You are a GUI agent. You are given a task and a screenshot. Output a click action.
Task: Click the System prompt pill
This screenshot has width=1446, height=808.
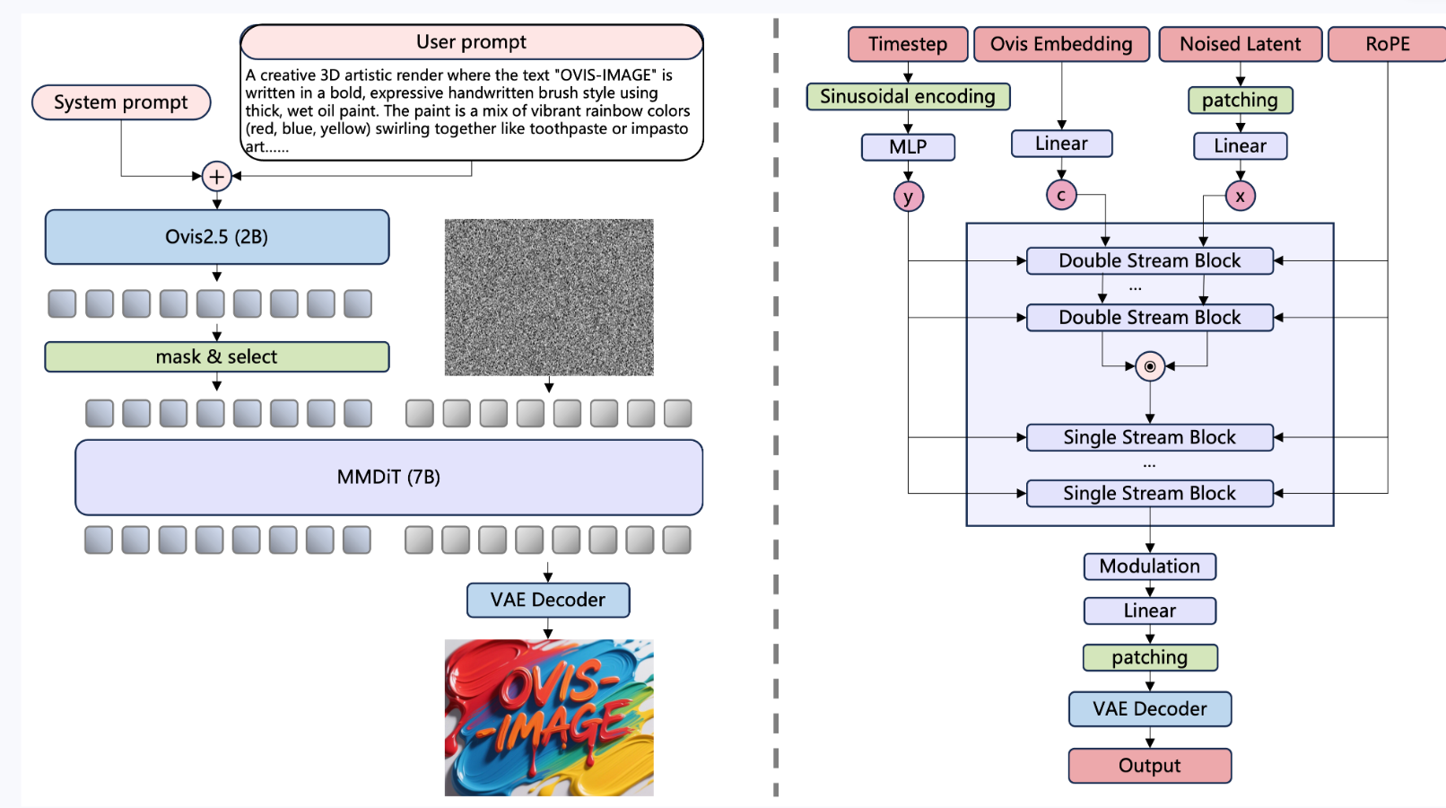coord(121,102)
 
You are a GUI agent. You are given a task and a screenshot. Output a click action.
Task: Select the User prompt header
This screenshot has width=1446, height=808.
coord(471,42)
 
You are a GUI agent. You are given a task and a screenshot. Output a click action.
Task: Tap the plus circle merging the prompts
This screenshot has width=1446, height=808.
coord(216,176)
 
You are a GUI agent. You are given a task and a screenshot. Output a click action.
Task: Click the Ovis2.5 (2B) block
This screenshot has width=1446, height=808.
coord(217,237)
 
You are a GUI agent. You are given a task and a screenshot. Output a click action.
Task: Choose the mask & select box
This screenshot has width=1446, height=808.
coord(217,356)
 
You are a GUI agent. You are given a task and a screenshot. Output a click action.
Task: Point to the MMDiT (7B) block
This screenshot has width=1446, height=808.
coord(388,477)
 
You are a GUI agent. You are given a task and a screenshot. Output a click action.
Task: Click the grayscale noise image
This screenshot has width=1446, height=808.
coord(549,297)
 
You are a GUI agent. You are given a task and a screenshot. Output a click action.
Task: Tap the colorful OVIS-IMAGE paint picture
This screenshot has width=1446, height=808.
coord(549,717)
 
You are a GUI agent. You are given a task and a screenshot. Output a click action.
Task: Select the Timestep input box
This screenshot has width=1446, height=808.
coord(908,44)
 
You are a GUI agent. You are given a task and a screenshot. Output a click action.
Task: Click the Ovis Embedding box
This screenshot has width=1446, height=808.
coord(1061,44)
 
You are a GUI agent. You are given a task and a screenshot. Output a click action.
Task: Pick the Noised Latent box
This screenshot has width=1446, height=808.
coord(1240,44)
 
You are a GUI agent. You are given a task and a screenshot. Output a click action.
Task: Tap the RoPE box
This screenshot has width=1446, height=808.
coord(1387,44)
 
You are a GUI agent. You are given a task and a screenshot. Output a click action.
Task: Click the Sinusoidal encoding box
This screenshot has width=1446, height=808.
coord(908,96)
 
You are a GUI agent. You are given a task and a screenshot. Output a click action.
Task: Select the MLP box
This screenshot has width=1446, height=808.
coord(908,146)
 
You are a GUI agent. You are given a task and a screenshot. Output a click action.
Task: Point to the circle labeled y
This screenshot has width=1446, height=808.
coord(908,197)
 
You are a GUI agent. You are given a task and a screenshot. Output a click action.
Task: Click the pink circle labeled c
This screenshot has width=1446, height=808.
coord(1061,195)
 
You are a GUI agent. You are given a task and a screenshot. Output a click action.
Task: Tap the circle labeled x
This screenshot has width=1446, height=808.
coord(1240,196)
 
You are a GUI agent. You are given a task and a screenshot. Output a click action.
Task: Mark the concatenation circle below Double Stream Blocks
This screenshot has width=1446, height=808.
coord(1150,366)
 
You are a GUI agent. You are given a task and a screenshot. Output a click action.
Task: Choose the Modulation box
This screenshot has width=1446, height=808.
coord(1150,566)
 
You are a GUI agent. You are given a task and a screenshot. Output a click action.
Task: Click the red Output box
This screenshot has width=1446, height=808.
coord(1150,766)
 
